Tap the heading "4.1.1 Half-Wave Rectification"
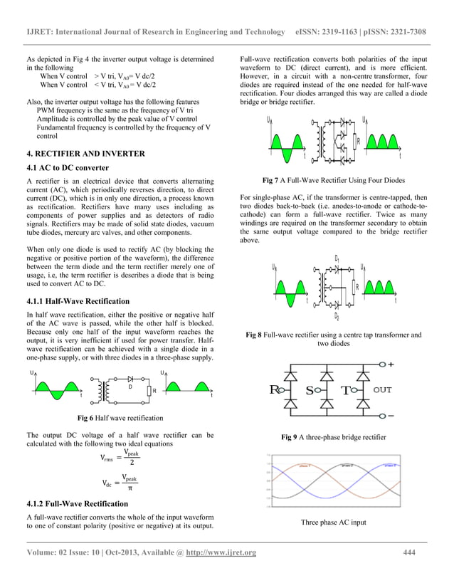tap(78, 301)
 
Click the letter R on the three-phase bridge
tap(274, 390)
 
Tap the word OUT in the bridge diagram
tap(382, 390)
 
